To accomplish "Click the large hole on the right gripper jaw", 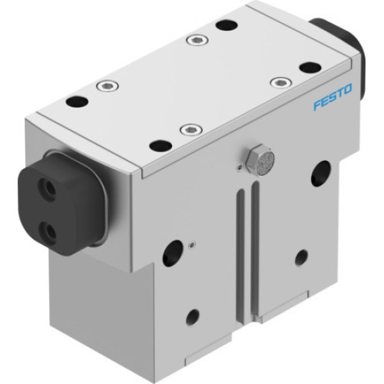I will click(x=320, y=173).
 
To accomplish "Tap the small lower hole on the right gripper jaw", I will click(x=301, y=257).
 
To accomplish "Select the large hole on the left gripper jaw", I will click(x=173, y=253).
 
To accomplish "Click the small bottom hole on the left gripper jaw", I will click(x=192, y=315).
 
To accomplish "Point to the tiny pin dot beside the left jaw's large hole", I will click(x=191, y=244).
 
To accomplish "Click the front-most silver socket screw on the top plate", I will click(x=188, y=130).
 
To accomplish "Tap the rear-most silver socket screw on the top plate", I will click(x=199, y=38).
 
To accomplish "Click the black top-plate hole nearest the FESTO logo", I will click(x=309, y=67).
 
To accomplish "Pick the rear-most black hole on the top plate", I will click(x=225, y=25).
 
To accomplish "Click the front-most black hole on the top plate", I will click(x=160, y=144).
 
